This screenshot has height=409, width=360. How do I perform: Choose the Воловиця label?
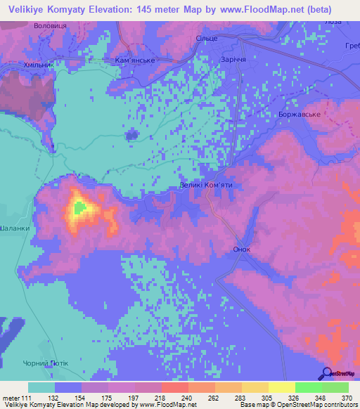point(50,25)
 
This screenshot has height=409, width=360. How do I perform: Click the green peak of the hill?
point(79,208)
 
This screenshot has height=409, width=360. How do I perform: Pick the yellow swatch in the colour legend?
point(281,387)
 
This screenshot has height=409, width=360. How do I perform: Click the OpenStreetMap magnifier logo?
point(328,375)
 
